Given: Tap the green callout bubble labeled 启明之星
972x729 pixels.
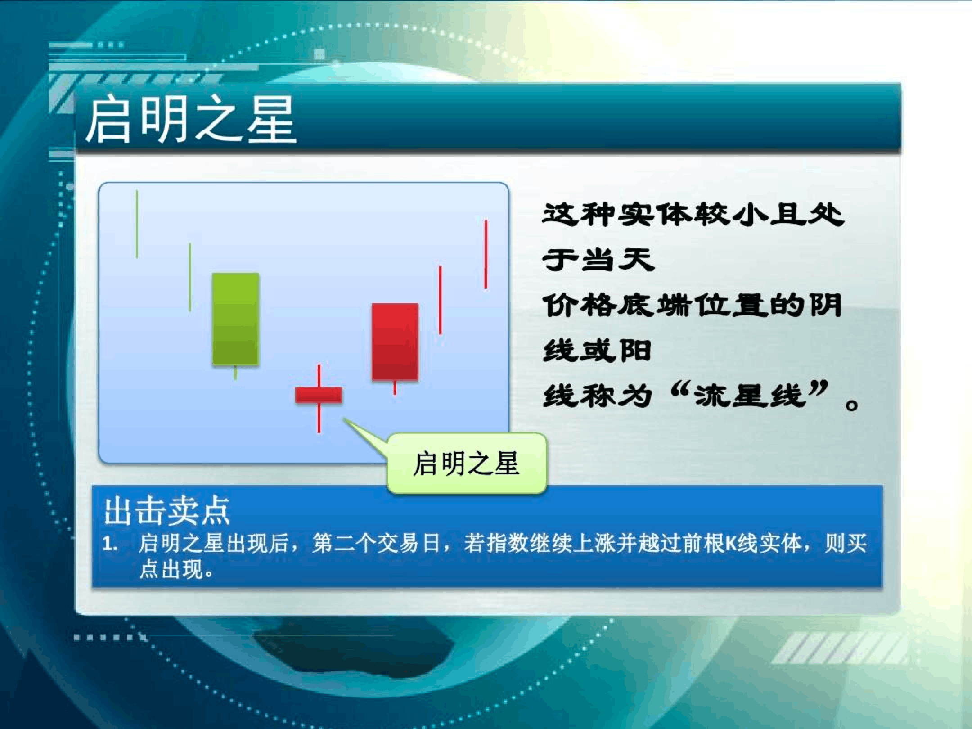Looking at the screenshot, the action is coord(467,463).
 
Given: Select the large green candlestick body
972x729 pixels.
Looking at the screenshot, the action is coord(235,319).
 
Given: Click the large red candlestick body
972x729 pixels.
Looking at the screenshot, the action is coord(395,342).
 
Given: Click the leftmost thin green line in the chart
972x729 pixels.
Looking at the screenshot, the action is coord(137,224).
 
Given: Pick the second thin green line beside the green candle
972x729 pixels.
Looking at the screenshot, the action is coord(190,277).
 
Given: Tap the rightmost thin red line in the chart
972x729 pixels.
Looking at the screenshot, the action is coord(486,254).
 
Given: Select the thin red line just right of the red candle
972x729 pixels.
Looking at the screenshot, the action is coord(440,300).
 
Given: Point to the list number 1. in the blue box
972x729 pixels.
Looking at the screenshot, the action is coord(110,544).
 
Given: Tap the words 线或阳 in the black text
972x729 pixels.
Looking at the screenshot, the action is coord(597,351).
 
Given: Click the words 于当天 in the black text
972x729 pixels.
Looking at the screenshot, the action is coord(598,260).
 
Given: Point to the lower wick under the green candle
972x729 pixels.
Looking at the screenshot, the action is coord(235,373).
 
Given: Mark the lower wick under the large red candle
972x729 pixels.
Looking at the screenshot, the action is coord(395,388).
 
